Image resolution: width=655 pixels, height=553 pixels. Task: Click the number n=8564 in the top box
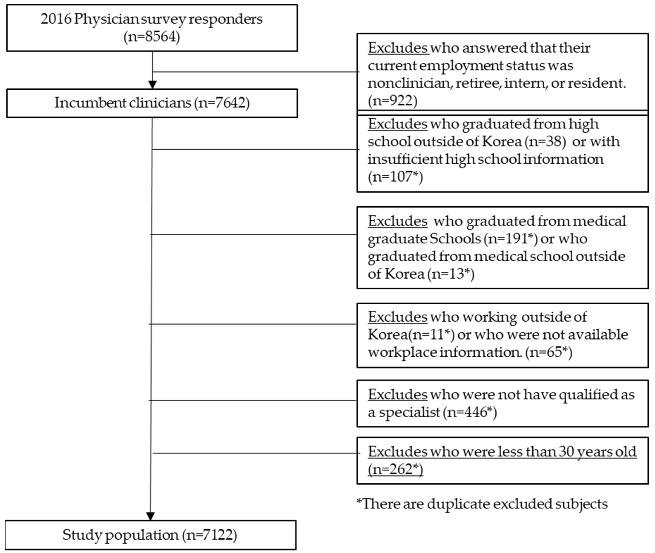click(x=152, y=37)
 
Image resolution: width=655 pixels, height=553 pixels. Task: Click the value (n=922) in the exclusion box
click(x=392, y=101)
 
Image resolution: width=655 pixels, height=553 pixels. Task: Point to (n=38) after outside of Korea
click(x=545, y=142)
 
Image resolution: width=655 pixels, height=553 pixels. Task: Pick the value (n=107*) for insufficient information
click(x=395, y=177)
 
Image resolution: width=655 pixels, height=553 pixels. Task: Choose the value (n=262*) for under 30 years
click(x=395, y=469)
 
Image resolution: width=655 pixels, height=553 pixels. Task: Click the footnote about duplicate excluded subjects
click(x=482, y=504)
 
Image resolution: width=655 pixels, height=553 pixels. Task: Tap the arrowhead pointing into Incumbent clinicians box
click(x=152, y=85)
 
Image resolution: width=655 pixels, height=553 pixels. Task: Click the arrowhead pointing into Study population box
click(x=150, y=516)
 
